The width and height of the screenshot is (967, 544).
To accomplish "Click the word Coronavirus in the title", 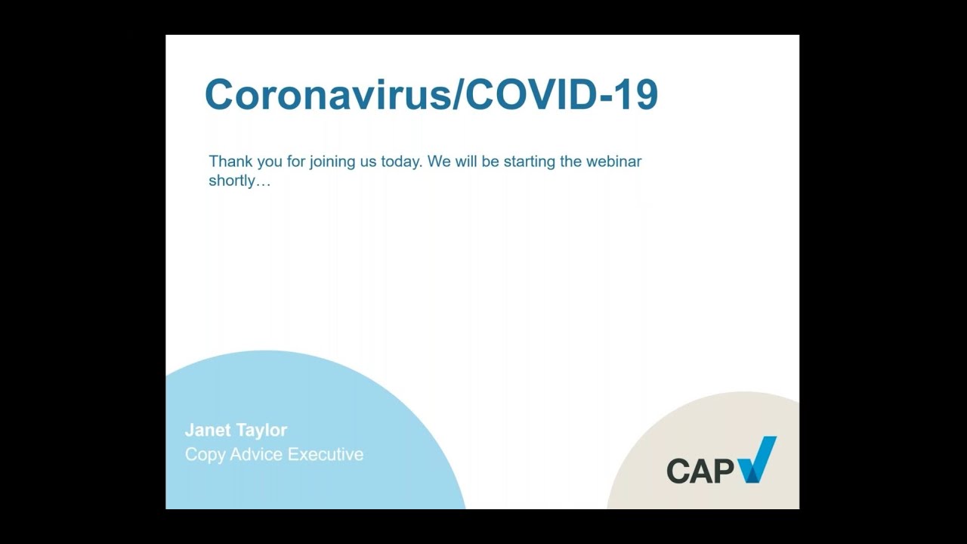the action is coord(328,94).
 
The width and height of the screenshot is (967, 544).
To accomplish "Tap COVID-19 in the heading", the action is coord(561,94).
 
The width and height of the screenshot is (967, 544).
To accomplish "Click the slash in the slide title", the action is coord(457,94).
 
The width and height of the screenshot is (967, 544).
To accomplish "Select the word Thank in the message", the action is coord(230,162).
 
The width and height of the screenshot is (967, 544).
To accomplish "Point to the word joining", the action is coord(332,162).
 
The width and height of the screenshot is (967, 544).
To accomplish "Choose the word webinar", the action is coord(613,162).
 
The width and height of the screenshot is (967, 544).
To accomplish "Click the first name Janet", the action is coord(206,430).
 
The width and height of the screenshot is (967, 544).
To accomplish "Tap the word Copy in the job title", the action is coord(205,455).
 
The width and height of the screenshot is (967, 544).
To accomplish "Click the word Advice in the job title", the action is coord(256,454).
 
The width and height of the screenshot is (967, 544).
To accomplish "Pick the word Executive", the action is coord(326,454).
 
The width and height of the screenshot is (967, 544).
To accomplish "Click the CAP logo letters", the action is coord(700,471).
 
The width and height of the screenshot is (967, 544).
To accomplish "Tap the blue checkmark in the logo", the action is coord(758,459).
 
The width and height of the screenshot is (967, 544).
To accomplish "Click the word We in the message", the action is coord(439,162).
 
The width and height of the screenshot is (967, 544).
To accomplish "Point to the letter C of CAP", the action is coord(678,471).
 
